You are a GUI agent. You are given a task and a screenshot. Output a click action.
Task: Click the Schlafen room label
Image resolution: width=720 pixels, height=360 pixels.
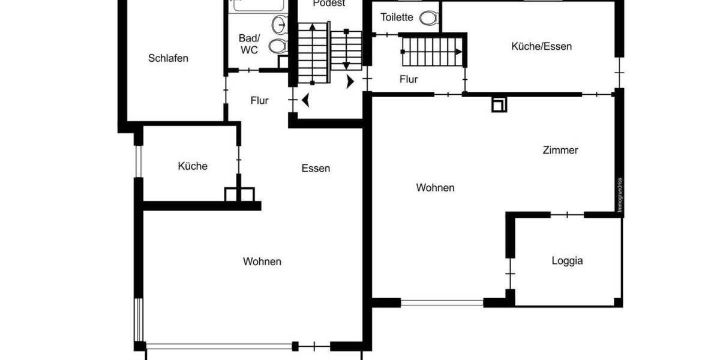(x=168, y=58)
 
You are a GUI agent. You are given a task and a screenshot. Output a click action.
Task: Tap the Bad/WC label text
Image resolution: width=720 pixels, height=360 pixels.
(x=248, y=44)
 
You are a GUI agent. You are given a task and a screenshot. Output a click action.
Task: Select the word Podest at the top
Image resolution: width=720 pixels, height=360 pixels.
(x=329, y=4)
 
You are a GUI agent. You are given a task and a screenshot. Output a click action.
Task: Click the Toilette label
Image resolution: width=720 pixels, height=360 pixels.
(x=397, y=17)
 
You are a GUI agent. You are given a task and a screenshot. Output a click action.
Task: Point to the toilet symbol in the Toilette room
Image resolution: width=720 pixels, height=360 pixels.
(x=428, y=18)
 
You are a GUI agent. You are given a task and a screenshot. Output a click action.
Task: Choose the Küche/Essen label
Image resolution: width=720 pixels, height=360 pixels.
(x=541, y=46)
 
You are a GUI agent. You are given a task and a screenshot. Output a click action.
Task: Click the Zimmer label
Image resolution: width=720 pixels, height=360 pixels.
(x=560, y=150)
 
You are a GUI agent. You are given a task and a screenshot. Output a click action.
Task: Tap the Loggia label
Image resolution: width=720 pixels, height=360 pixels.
(x=567, y=260)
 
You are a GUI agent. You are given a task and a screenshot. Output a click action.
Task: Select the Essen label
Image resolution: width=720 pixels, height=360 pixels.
(x=316, y=168)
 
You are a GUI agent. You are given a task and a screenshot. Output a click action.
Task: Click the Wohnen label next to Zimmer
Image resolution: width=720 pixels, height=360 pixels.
(x=435, y=188)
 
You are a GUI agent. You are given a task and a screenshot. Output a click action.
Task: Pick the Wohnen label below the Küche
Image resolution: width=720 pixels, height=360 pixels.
(x=262, y=262)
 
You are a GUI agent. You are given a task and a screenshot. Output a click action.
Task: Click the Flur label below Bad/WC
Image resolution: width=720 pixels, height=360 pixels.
(x=259, y=101)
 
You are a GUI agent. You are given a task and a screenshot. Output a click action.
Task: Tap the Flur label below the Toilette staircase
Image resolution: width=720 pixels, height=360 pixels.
(x=409, y=79)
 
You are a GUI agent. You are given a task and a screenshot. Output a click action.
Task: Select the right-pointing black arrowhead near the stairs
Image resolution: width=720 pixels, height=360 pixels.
(x=350, y=82)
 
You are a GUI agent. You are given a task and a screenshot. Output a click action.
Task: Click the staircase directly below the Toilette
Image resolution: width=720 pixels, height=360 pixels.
(x=433, y=51)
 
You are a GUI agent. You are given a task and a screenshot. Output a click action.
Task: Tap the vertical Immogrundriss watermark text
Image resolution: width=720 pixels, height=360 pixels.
(x=620, y=195)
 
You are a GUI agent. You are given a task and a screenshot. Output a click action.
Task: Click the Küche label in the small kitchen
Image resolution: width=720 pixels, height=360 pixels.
(x=193, y=166)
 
